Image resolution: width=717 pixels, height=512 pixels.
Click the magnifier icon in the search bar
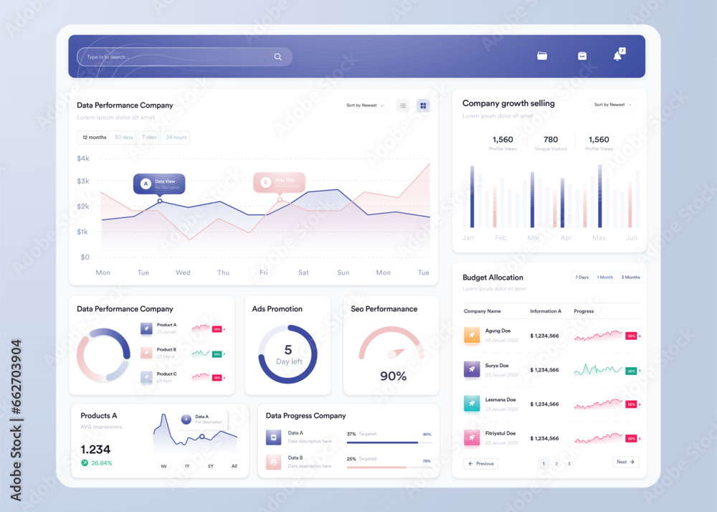(277, 57)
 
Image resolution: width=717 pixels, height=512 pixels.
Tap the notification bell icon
(617, 56)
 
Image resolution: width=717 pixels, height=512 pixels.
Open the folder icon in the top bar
(542, 56)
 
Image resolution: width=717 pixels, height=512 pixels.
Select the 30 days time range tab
(123, 137)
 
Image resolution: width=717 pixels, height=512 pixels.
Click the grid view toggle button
(424, 105)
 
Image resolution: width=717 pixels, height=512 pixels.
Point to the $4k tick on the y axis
(83, 158)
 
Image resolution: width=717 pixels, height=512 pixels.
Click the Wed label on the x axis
(183, 272)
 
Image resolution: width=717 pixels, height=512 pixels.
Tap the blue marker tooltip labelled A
(159, 183)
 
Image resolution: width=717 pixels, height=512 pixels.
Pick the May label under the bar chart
(599, 237)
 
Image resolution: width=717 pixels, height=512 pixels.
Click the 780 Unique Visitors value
(551, 140)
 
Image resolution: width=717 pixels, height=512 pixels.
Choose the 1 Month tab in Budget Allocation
(605, 278)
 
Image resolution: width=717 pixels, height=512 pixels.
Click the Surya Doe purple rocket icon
(472, 369)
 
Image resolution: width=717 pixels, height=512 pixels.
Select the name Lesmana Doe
(500, 399)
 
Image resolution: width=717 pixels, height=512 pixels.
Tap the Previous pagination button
(481, 464)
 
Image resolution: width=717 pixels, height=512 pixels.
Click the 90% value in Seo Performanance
(393, 376)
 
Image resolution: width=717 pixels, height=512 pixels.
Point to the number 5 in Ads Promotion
(288, 350)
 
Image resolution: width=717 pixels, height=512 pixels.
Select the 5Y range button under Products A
(211, 466)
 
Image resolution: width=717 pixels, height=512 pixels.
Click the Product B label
(166, 349)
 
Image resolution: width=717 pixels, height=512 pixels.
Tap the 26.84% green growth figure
(102, 463)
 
